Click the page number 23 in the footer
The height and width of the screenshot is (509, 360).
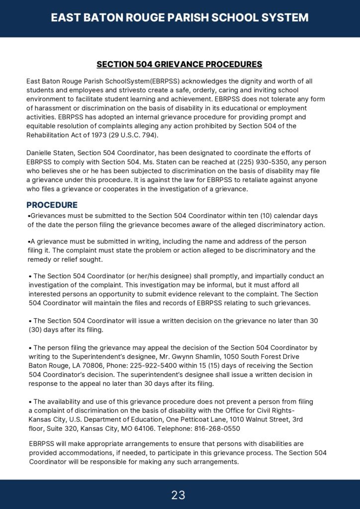coord(178,495)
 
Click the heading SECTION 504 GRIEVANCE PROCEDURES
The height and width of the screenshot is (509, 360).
coord(179,65)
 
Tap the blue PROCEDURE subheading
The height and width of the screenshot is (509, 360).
coord(52,205)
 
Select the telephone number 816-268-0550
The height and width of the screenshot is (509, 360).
coord(217,428)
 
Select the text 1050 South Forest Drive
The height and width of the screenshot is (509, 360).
coord(262,356)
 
